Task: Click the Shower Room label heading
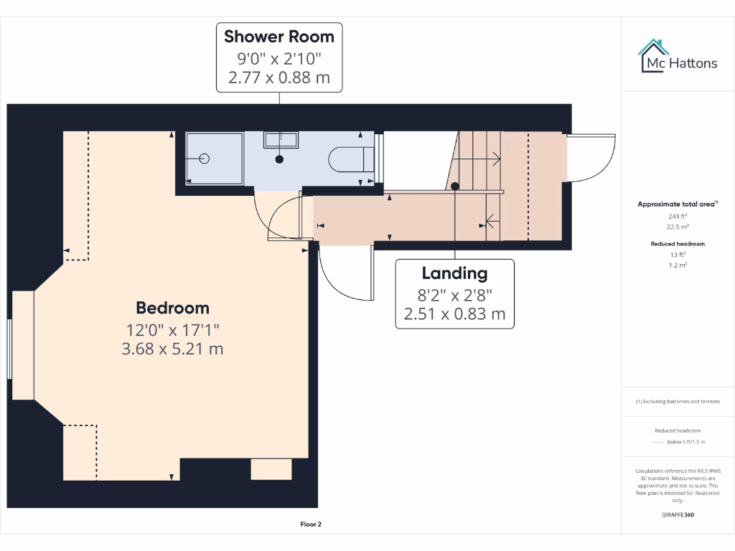click(279, 36)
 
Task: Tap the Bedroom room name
click(173, 308)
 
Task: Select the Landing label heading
click(454, 273)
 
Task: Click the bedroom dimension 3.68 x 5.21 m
click(173, 349)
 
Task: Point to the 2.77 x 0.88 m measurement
click(279, 77)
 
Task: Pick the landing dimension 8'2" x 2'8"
click(454, 293)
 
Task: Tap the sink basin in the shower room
click(280, 141)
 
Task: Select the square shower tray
click(214, 158)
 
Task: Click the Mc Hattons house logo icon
click(652, 56)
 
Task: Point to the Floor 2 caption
click(311, 524)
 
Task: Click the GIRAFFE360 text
click(678, 514)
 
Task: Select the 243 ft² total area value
click(678, 216)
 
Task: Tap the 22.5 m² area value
click(678, 226)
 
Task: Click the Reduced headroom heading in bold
click(678, 244)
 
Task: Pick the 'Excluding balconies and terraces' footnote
click(678, 402)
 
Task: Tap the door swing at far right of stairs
click(591, 159)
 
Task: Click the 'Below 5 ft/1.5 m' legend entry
click(686, 442)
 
